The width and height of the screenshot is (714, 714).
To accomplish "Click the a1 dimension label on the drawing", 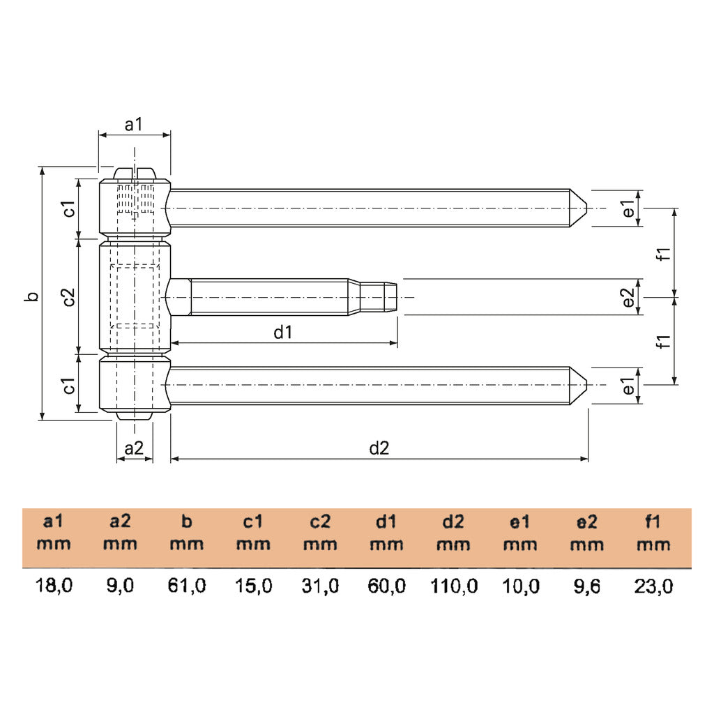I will coord(133,125).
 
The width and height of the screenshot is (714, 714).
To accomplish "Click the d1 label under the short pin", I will coord(282,333).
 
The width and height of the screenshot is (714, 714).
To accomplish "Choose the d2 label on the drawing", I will coord(379,448).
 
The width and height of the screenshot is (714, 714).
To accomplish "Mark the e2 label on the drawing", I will coord(628,298).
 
